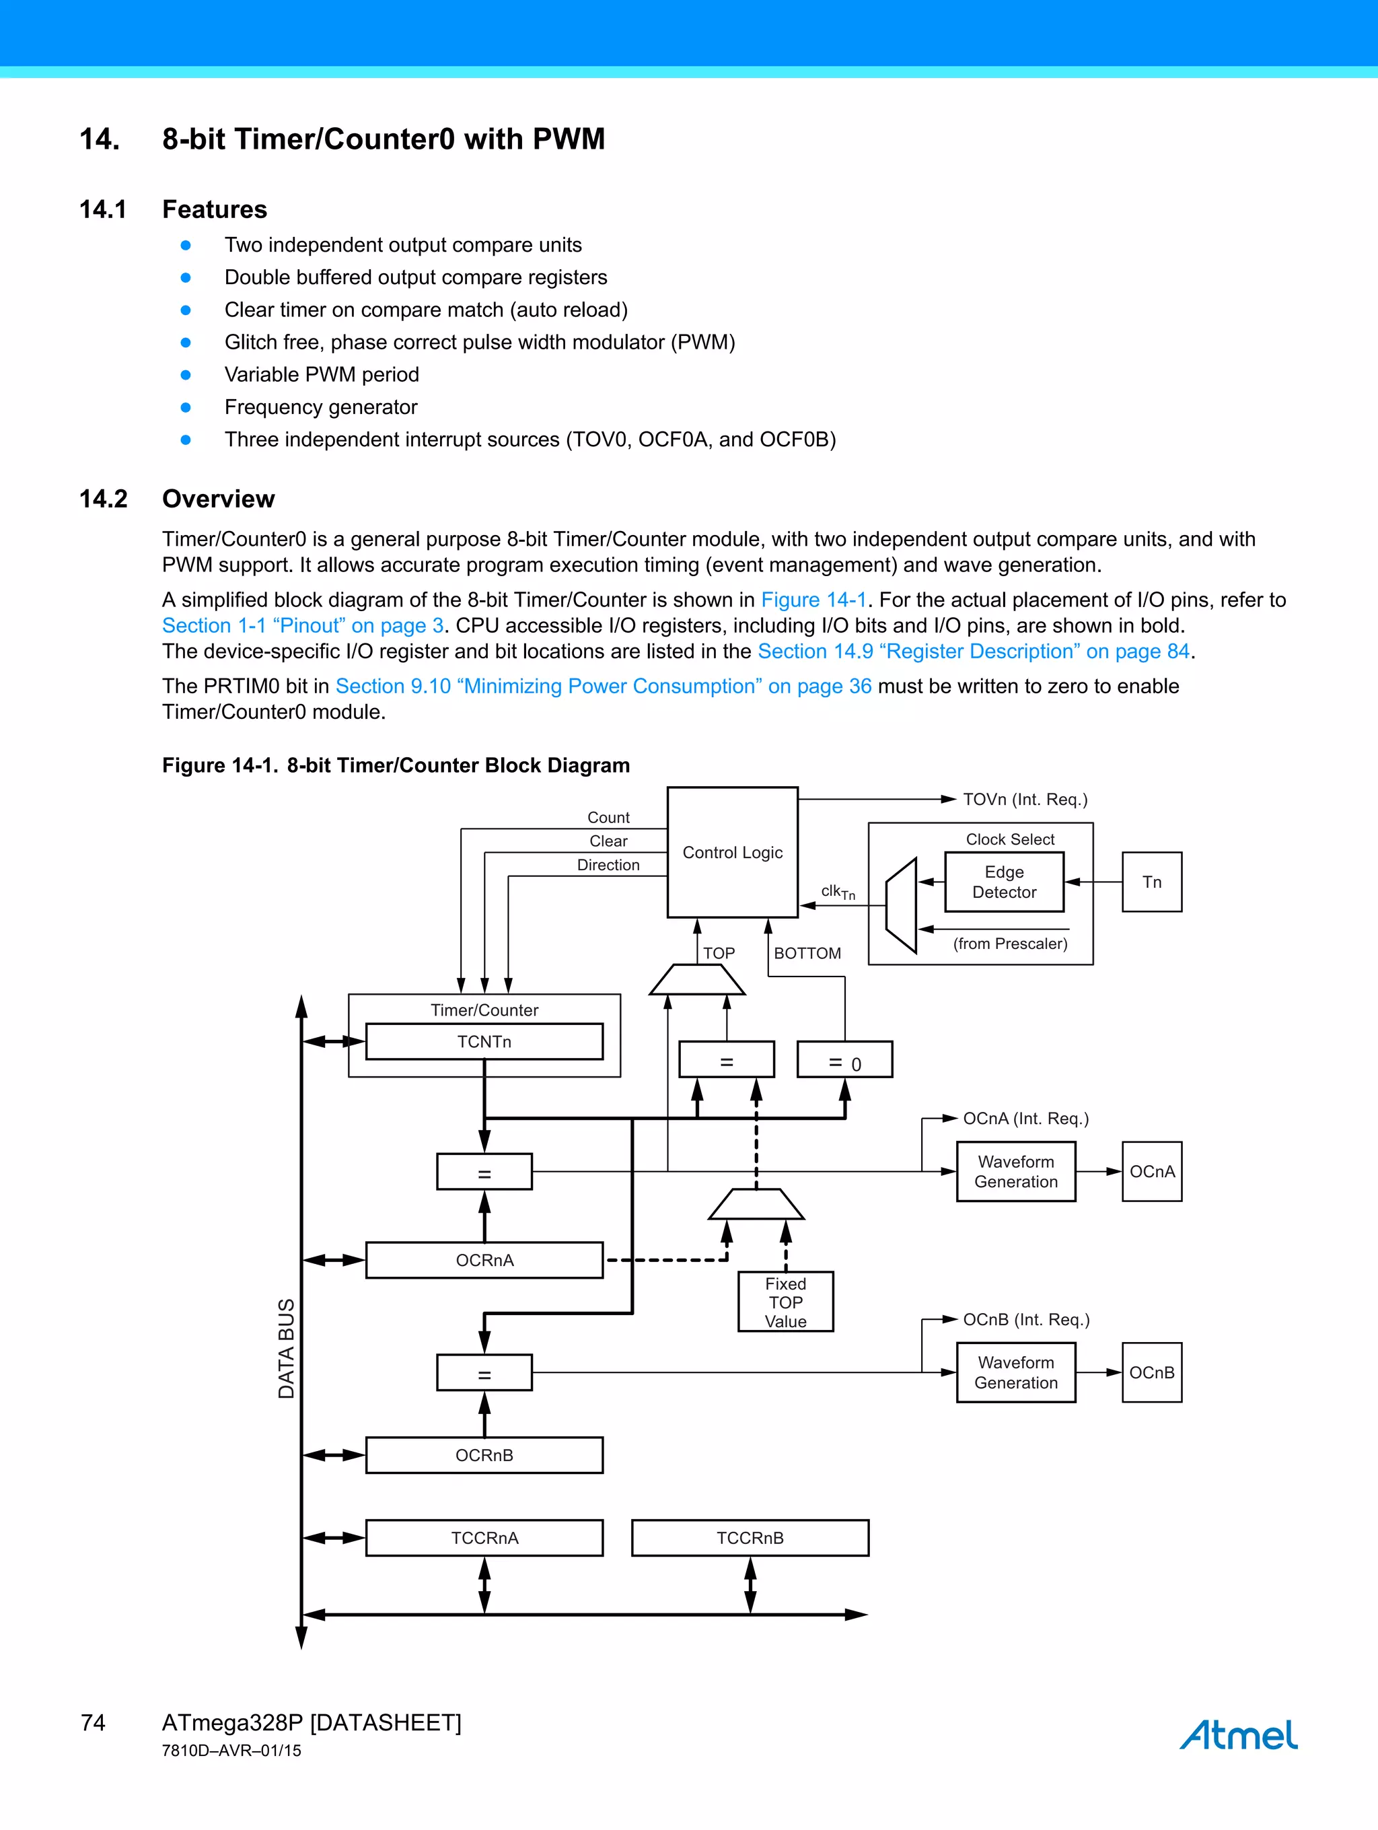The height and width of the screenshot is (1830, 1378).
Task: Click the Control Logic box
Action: click(732, 852)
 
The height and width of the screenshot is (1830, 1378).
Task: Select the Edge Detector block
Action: click(1003, 882)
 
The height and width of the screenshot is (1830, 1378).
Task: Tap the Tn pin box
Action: click(1151, 882)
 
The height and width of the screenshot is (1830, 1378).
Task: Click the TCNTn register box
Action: click(484, 1042)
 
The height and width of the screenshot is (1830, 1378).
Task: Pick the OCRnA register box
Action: click(484, 1260)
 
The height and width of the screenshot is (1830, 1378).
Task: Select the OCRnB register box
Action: click(484, 1455)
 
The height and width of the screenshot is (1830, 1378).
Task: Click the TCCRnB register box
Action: click(750, 1538)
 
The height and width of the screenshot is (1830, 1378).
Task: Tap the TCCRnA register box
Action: click(484, 1538)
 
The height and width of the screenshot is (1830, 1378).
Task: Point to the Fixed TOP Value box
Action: click(785, 1302)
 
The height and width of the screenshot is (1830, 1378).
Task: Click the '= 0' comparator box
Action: click(844, 1060)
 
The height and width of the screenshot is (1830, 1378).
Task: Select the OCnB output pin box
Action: click(1151, 1372)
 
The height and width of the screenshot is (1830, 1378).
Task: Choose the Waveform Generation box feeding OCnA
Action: click(1016, 1172)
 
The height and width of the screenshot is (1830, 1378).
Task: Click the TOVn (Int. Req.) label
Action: click(1025, 799)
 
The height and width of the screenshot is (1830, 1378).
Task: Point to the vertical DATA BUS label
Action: click(286, 1349)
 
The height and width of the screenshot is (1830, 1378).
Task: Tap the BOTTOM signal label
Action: click(807, 953)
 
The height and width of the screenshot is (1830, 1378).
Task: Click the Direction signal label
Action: click(608, 865)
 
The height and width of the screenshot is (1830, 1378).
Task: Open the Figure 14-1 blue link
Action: click(813, 600)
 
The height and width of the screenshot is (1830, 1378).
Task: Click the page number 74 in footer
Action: click(93, 1722)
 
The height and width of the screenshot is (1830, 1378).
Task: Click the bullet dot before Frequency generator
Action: click(186, 407)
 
